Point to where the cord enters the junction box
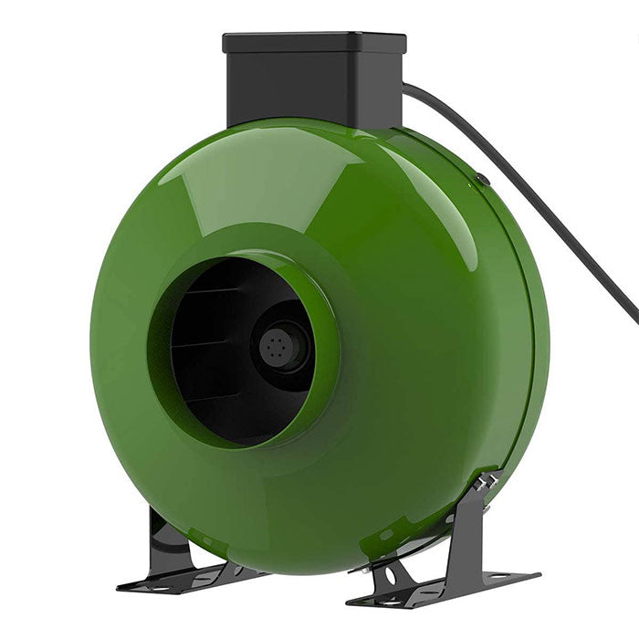[406, 89]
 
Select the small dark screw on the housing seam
[484, 180]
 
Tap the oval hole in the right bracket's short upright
[390, 576]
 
